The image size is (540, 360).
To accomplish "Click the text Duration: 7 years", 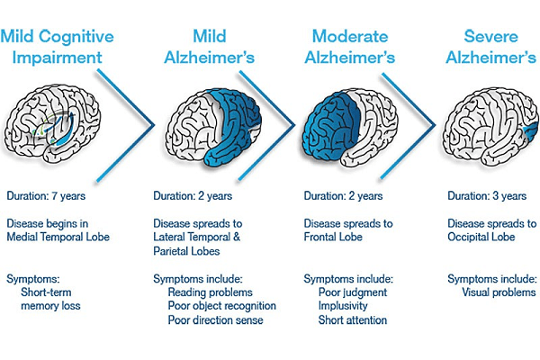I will pyautogui.click(x=50, y=196).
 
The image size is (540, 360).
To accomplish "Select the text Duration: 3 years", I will pyautogui.click(x=487, y=196).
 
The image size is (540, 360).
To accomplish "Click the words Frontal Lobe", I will pyautogui.click(x=337, y=238).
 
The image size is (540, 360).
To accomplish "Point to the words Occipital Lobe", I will pyautogui.click(x=481, y=238).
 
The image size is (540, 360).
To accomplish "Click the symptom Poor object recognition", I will pyautogui.click(x=222, y=306).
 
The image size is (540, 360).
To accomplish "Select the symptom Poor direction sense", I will pyautogui.click(x=218, y=320).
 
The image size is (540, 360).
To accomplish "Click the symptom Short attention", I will pyautogui.click(x=353, y=320).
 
